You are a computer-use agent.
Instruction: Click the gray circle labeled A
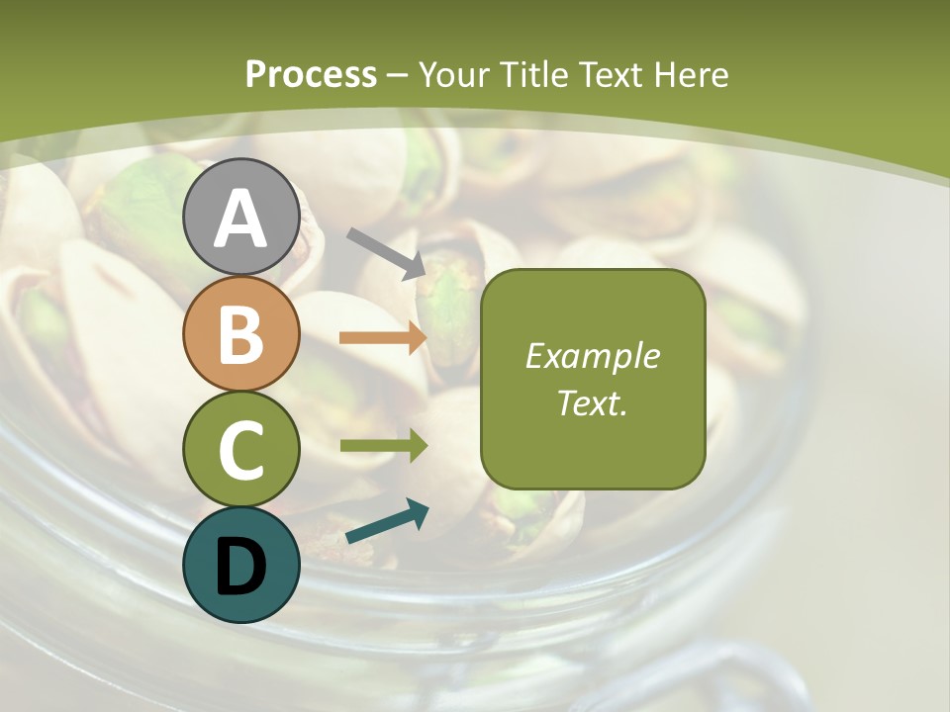point(240,217)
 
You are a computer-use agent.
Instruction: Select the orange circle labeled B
point(240,333)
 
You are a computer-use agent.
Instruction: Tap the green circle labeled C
point(240,449)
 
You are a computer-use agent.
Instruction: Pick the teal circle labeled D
point(240,565)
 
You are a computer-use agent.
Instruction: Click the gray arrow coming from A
point(387,252)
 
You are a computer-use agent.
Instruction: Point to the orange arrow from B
point(383,338)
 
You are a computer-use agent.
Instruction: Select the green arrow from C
point(383,446)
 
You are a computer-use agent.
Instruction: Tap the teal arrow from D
point(387,521)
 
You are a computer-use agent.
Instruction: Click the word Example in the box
point(593,356)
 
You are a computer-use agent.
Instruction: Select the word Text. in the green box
point(593,402)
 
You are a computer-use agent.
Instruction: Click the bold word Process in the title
point(311,75)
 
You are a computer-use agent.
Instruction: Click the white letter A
point(240,219)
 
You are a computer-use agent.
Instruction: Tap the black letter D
point(240,567)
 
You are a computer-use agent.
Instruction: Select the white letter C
point(240,451)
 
